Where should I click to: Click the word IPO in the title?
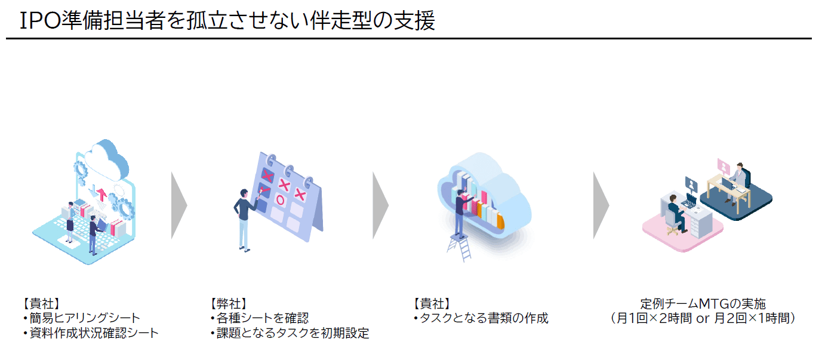(x=40, y=20)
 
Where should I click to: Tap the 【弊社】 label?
(x=228, y=303)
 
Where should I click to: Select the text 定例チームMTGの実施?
(x=703, y=303)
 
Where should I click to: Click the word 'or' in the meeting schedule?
(x=703, y=319)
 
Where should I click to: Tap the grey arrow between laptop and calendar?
(x=178, y=205)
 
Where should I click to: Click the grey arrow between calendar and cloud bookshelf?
(x=380, y=205)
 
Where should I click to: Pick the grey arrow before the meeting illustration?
(x=601, y=205)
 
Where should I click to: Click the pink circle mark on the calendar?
(x=281, y=200)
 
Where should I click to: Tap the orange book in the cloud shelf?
(x=500, y=221)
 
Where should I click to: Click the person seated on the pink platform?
(x=677, y=214)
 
